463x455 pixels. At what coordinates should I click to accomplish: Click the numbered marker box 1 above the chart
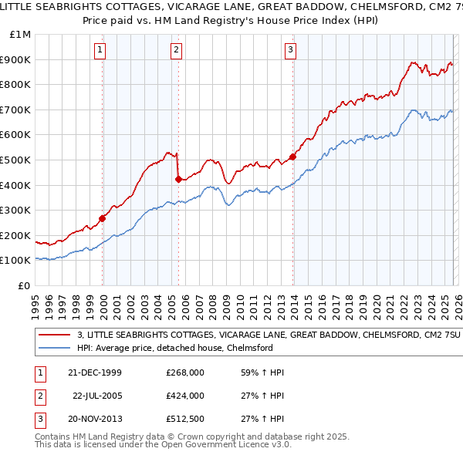[101, 51]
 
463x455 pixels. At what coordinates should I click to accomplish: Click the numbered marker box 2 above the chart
[177, 51]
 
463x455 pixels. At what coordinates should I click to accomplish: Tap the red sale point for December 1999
[103, 218]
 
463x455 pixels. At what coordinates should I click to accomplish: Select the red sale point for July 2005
[179, 179]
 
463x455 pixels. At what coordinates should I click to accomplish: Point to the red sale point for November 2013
[292, 157]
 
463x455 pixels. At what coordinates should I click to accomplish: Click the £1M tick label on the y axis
[20, 34]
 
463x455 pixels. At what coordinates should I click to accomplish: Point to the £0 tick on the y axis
[25, 285]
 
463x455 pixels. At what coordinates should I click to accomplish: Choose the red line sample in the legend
[55, 335]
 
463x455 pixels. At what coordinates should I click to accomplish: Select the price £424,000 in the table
[185, 396]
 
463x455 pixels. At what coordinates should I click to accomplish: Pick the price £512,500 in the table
[185, 419]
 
